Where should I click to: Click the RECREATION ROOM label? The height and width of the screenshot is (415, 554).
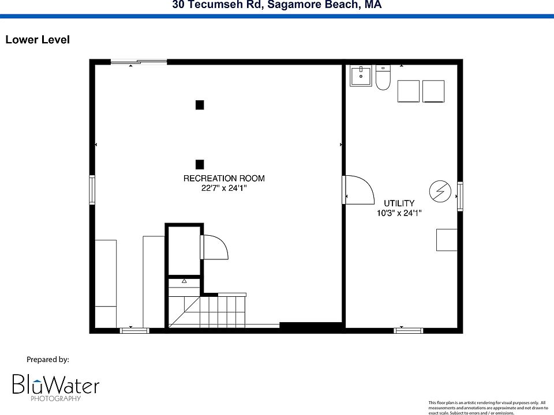coord(224,179)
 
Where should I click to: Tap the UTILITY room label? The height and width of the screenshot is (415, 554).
coord(399,203)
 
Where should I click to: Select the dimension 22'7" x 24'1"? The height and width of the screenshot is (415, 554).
coord(224,188)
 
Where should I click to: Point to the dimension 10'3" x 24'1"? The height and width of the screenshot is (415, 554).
coord(399,213)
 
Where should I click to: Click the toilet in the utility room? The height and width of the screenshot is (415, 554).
coord(383,78)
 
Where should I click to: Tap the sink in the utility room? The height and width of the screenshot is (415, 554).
coord(361,76)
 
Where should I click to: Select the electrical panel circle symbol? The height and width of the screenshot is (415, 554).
coord(440,191)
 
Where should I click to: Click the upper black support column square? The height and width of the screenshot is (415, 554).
coord(200,105)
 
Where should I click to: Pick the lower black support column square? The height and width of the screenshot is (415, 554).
coord(200,164)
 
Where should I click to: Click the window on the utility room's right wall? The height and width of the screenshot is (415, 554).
coord(460,196)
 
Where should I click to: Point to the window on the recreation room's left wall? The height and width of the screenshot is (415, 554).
coord(92,190)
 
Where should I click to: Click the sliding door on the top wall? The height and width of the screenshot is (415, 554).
coord(138,62)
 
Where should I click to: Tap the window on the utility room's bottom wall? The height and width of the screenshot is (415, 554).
coord(409,330)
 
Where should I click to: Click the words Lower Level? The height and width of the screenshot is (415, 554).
coord(38,40)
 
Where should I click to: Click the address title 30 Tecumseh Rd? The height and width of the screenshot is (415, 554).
coord(276,5)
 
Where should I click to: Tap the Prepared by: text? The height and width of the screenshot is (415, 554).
coord(48,360)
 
